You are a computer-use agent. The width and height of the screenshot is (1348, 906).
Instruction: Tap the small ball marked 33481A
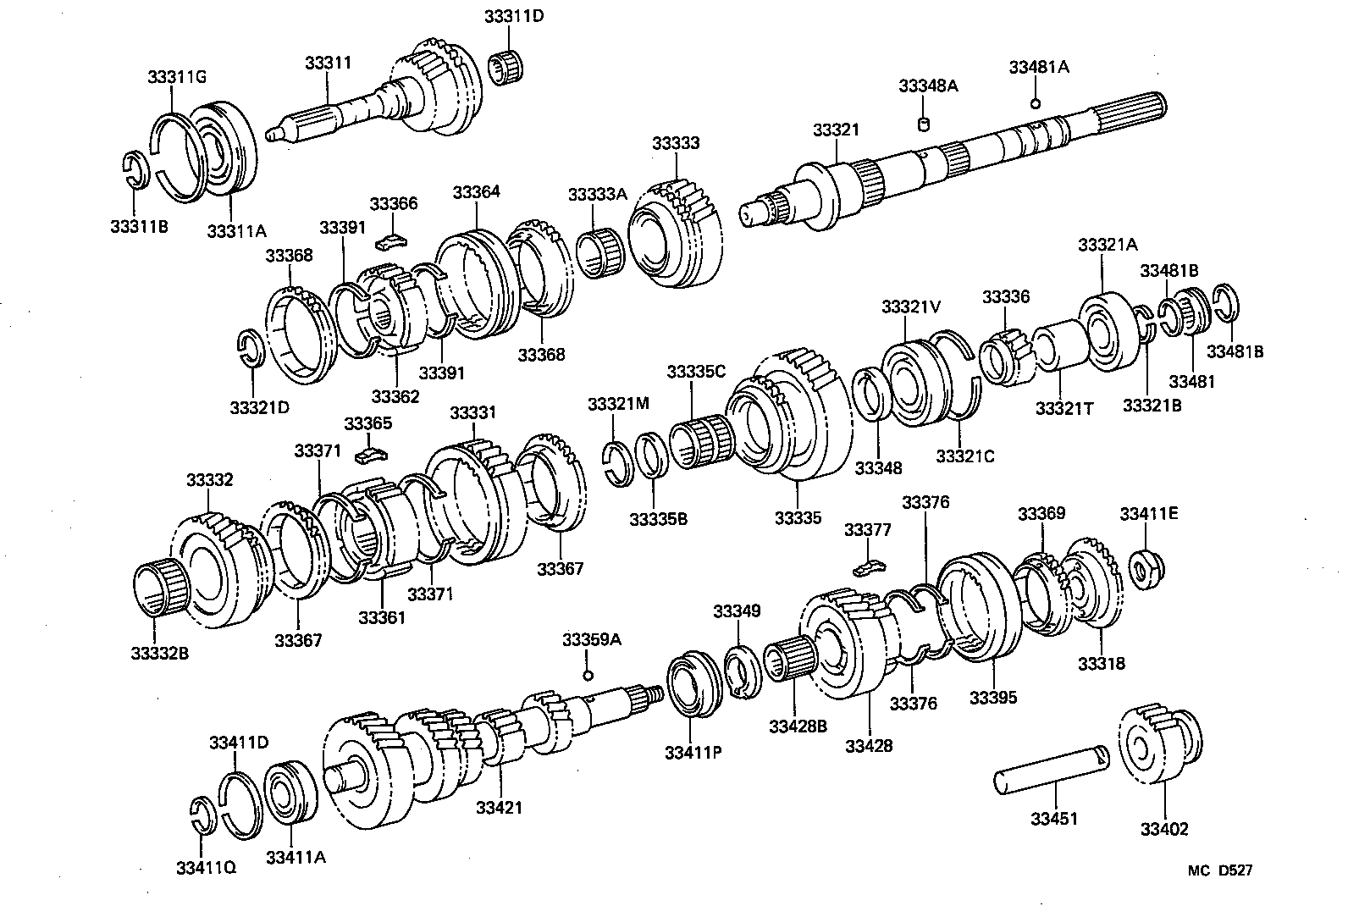pyautogui.click(x=1035, y=103)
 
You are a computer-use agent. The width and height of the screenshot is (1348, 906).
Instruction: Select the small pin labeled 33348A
pyautogui.click(x=925, y=124)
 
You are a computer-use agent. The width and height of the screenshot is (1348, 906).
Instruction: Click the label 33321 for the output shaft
pyautogui.click(x=835, y=130)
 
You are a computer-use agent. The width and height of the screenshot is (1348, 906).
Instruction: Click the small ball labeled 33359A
pyautogui.click(x=588, y=675)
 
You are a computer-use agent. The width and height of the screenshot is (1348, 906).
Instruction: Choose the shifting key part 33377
pyautogui.click(x=867, y=565)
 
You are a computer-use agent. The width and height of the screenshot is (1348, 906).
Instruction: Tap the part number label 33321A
pyautogui.click(x=1108, y=245)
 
